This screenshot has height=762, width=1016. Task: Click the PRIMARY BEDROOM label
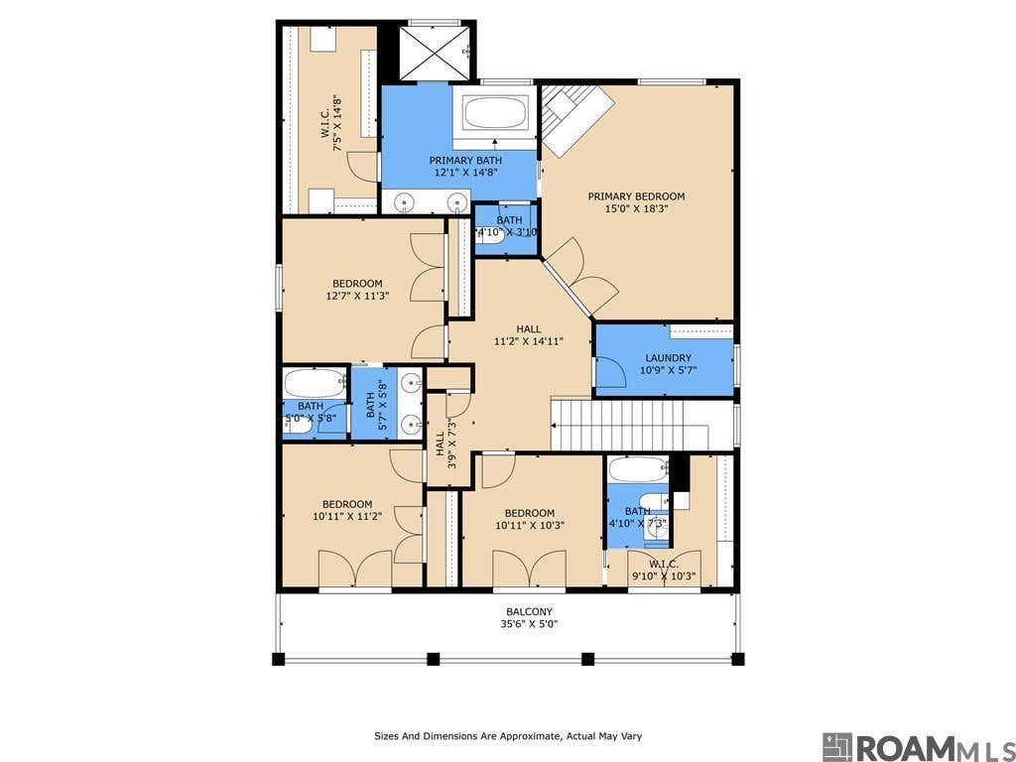tap(636, 196)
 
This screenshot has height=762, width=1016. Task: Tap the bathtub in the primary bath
tap(495, 112)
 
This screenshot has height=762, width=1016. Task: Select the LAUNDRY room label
tap(668, 357)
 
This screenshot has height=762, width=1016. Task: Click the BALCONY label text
tap(530, 611)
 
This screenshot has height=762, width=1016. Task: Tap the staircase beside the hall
tap(642, 425)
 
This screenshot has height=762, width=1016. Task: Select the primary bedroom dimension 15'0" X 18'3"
tap(636, 208)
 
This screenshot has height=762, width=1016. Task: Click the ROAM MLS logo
tap(918, 746)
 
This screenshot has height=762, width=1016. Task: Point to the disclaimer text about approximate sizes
tap(508, 736)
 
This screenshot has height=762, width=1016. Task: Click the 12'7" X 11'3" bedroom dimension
tap(357, 296)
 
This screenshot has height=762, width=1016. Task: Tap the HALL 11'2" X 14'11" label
tap(528, 335)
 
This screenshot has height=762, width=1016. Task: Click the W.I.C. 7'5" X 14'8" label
tap(331, 124)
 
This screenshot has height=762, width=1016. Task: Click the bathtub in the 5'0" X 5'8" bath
tap(315, 383)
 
